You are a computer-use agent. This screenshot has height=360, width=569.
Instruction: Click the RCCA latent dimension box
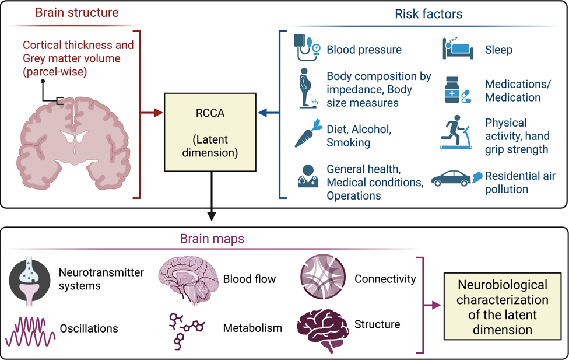210,131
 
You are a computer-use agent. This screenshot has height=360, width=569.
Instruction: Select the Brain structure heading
76,12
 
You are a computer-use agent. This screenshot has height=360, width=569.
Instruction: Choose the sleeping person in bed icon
455,48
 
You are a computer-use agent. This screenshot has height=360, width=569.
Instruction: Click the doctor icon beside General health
307,177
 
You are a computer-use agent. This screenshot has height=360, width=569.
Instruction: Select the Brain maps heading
211,239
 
